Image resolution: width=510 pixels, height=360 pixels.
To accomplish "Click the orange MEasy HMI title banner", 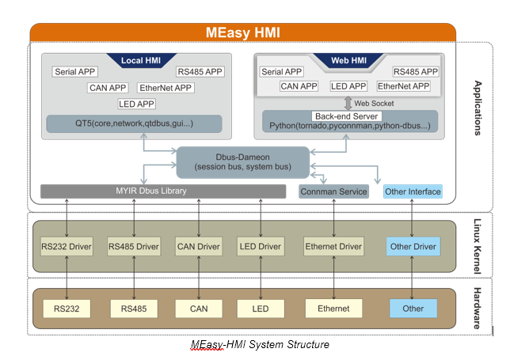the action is [242, 32].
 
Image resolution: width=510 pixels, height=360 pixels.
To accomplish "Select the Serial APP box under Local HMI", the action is [74, 72].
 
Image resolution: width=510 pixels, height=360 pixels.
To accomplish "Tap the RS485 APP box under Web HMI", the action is [415, 72].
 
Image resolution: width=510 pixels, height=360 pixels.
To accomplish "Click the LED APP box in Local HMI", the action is [136, 104].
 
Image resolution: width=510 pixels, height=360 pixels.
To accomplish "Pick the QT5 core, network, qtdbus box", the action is [134, 123].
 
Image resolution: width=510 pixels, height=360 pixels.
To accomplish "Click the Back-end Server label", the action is [346, 116].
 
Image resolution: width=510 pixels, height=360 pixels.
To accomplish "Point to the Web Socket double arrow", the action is [348, 103].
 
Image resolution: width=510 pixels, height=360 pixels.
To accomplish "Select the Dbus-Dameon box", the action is [242, 162].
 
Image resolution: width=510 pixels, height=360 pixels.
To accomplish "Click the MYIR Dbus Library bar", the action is [163, 191].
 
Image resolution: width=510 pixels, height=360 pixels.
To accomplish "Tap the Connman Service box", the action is [333, 191].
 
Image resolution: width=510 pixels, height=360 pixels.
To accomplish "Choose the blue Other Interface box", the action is [413, 191].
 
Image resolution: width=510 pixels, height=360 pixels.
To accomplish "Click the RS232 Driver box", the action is [67, 247].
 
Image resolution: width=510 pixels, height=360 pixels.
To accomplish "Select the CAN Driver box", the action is [199, 247].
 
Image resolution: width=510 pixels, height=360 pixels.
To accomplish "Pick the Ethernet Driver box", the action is [333, 247].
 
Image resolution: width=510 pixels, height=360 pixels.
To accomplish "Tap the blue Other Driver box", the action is [413, 247].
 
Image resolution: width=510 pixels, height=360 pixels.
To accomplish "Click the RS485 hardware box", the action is [134, 309].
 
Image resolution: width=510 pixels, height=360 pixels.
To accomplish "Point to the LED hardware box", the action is [261, 309].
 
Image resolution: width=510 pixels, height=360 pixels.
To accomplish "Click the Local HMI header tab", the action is [141, 60].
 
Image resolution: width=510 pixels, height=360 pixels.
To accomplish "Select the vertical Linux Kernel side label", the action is [478, 246].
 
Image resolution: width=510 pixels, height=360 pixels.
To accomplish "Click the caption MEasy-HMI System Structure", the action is [260, 344].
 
